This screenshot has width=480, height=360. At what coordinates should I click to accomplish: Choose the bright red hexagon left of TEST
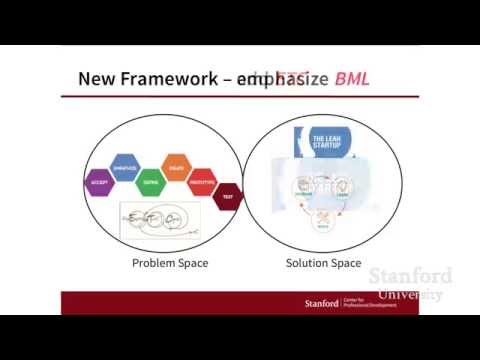pos(202,184)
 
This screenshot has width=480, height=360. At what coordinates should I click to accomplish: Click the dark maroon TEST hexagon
pos(228,197)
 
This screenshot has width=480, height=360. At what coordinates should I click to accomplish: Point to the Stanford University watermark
pos(410,284)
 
